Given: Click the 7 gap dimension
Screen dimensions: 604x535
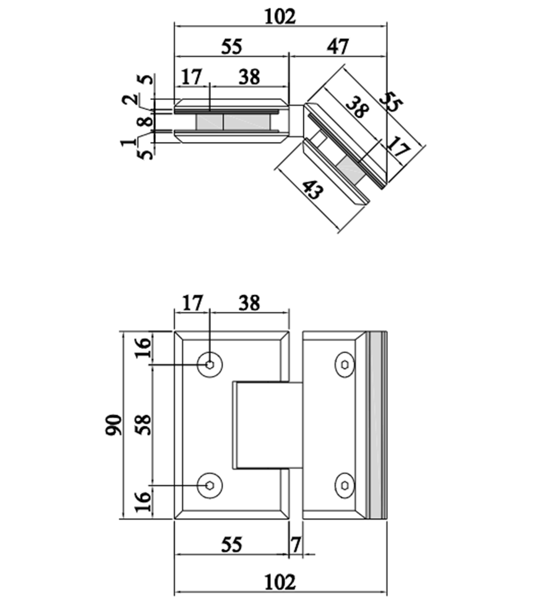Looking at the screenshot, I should coord(295,545).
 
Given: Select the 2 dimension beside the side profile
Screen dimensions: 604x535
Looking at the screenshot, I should coord(130,100).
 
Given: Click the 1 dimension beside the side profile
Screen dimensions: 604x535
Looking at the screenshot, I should coord(130,143).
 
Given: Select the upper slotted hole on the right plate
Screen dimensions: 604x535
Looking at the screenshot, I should coord(345,365).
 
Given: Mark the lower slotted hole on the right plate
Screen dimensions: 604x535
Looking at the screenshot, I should coord(345,485).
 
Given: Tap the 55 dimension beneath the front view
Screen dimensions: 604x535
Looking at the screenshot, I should coord(231,545).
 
